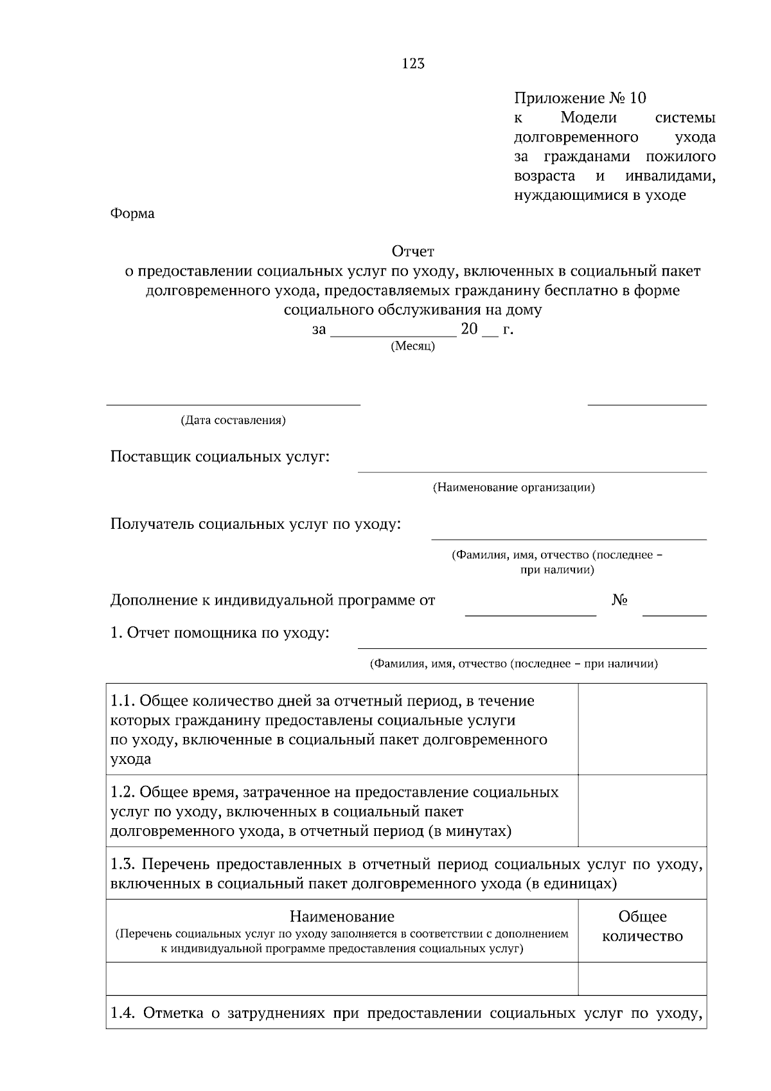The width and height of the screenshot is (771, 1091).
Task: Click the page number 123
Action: point(413,64)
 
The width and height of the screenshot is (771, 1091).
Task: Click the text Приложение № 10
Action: point(580,98)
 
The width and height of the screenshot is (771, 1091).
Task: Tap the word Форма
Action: point(132,214)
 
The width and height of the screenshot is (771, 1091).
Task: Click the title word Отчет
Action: point(413,251)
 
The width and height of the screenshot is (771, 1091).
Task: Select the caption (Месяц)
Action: point(412,346)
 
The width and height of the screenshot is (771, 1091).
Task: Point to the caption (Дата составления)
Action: point(233,421)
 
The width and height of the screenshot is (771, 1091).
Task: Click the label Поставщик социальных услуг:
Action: point(220,457)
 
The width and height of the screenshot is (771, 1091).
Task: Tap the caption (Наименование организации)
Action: point(513,488)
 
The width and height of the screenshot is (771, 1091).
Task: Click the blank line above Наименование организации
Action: point(532,471)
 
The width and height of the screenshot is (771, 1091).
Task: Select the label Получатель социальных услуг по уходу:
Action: point(256,524)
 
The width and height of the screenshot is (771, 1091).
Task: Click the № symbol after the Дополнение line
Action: point(619,600)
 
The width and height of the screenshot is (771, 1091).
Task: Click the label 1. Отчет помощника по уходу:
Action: point(220,634)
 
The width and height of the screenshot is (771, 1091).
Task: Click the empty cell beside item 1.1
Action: point(642,729)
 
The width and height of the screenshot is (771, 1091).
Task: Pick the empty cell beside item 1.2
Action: point(642,811)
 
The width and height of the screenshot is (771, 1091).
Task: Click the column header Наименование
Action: point(342,916)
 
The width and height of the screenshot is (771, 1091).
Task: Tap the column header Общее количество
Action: point(642,927)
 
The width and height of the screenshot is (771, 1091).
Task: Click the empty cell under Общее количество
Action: point(642,979)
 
